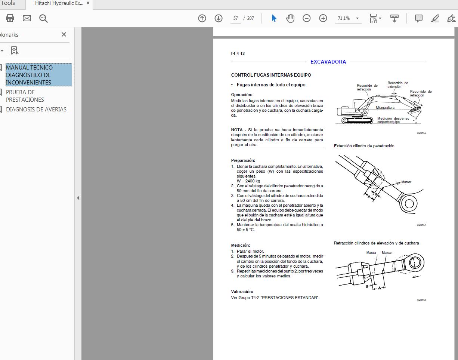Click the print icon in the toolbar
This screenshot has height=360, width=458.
tap(10, 18)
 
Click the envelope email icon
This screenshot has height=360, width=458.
tap(27, 18)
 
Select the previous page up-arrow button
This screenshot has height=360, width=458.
tap(202, 18)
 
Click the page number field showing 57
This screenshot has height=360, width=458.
tap(235, 18)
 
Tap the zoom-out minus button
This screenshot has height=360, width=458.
tap(307, 18)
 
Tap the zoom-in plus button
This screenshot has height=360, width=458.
tap(323, 18)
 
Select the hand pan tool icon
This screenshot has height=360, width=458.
tap(290, 18)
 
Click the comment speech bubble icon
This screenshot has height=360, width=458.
tap(419, 18)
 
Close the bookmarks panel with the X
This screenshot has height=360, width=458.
tap(64, 34)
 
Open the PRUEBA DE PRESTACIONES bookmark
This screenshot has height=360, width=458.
tap(25, 96)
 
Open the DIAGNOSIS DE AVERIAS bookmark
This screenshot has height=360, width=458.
tap(36, 110)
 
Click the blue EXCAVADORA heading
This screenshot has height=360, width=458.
tap(328, 62)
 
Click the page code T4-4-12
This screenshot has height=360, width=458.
tap(238, 53)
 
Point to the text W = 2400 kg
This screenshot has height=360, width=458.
tap(248, 181)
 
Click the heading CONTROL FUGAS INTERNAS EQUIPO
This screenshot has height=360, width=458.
tap(271, 75)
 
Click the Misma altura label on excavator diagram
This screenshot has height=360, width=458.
tap(385, 108)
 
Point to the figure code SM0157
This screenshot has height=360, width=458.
tap(421, 225)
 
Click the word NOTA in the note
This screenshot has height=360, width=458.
tap(237, 130)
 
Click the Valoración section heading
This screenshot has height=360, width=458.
tap(242, 292)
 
